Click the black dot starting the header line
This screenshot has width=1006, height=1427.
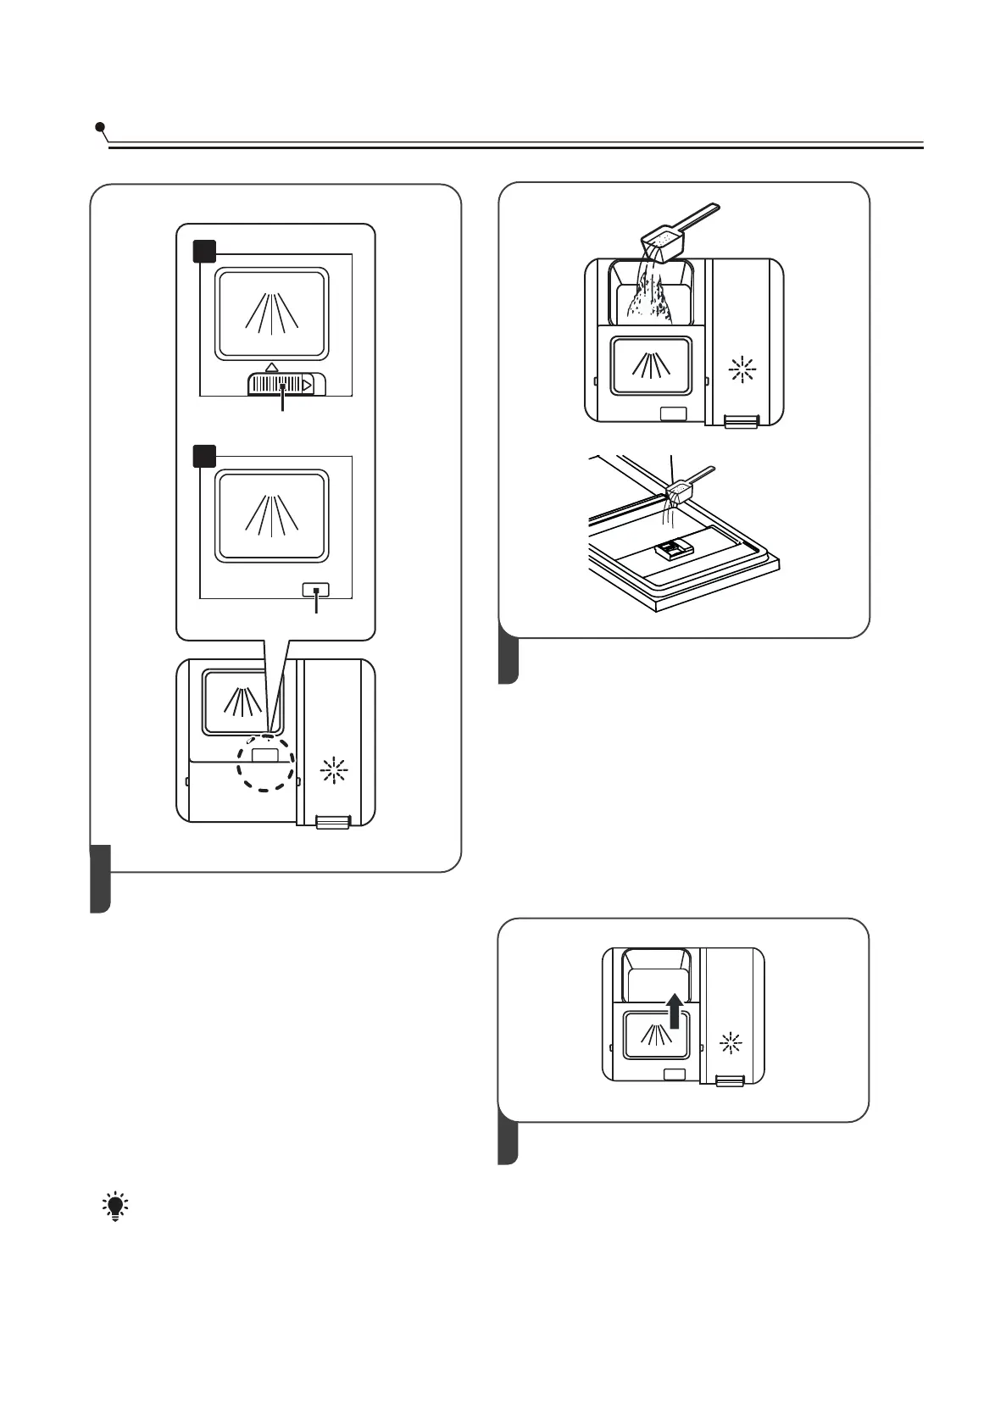(101, 128)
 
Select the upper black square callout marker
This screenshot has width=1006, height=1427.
(204, 252)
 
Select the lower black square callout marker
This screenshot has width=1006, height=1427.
(204, 456)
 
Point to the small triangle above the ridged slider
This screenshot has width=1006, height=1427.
(271, 367)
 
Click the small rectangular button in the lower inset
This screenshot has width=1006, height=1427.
(316, 591)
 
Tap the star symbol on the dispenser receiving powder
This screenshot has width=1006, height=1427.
(742, 369)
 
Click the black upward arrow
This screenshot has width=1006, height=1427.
(675, 1011)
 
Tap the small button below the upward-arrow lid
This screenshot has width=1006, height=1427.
(675, 1074)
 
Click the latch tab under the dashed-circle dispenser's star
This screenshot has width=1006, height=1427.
(332, 822)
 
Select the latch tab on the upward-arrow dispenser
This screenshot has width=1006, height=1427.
(730, 1080)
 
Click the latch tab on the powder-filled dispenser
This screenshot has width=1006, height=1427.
(742, 421)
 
